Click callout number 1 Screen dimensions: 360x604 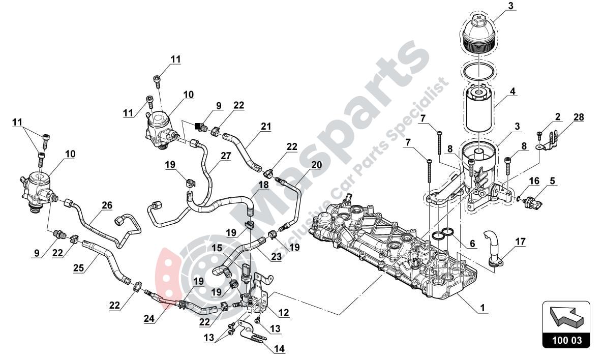[x=482, y=308]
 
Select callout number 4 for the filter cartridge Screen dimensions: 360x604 [x=513, y=92]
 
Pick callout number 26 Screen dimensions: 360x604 [x=106, y=205]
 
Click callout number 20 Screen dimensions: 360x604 [x=317, y=165]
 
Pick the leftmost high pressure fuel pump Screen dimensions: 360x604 [x=39, y=191]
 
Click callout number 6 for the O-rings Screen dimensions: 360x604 [x=472, y=244]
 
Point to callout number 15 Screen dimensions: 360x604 [x=217, y=248]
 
